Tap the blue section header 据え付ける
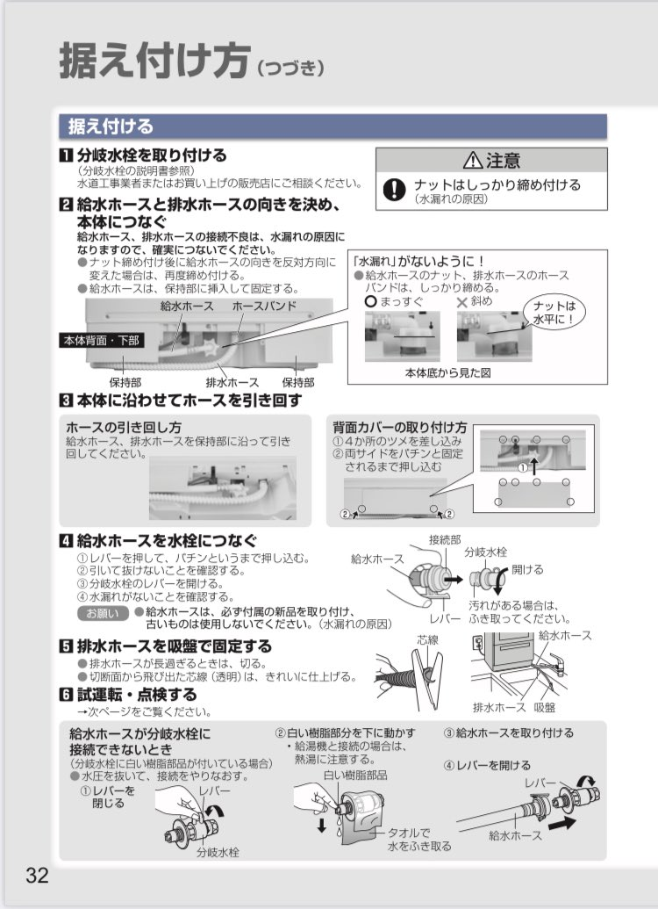click(111, 126)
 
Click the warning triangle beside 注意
click(473, 160)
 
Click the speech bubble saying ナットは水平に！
click(561, 312)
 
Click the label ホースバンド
click(264, 307)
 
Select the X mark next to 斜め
click(463, 301)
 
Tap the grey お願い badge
click(102, 611)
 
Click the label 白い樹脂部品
click(354, 776)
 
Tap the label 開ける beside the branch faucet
click(527, 569)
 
